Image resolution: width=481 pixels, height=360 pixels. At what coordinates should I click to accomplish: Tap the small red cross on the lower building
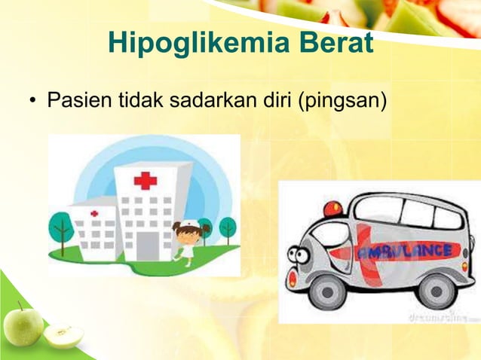94,214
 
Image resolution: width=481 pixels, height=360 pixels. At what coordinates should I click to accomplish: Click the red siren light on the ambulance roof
332,209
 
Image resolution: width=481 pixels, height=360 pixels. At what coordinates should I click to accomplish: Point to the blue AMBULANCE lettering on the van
406,251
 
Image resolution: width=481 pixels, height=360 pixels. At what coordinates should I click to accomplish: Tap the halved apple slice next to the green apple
62,334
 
